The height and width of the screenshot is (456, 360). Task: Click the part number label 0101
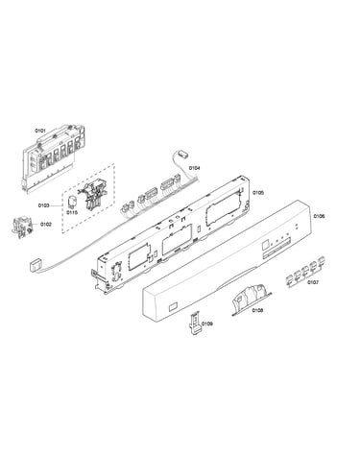(40, 131)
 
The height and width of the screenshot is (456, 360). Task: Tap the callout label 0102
(46, 225)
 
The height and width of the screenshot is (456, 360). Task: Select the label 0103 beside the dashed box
(44, 205)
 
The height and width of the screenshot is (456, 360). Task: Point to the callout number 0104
(194, 168)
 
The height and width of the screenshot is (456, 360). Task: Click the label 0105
(258, 193)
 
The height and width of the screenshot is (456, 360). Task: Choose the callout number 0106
(319, 216)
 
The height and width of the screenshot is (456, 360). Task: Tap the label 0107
(313, 282)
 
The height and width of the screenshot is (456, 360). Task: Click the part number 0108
(257, 310)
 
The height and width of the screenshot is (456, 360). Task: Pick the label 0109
(207, 324)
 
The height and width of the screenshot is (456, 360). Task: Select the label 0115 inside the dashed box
(72, 212)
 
